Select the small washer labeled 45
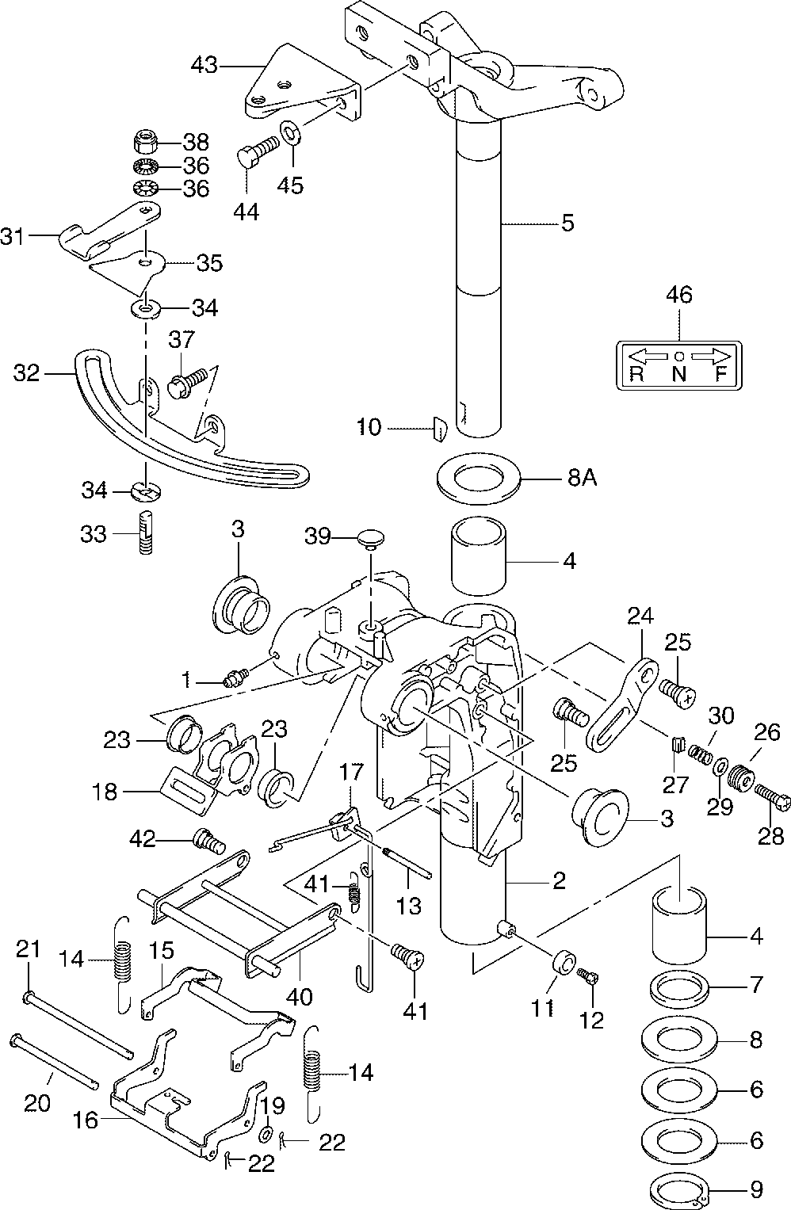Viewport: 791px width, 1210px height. [290, 129]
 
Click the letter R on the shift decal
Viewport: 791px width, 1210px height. [636, 375]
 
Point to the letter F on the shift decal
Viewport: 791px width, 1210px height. [720, 375]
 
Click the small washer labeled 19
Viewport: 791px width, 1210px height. [267, 1135]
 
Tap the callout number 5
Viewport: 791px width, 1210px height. [567, 223]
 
